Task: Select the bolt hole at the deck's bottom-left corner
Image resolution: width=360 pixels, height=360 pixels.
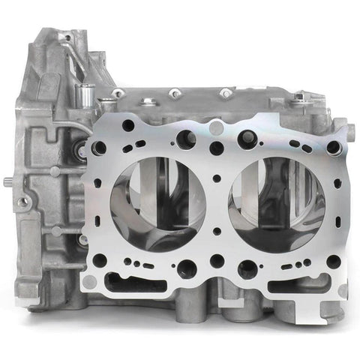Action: [98, 260]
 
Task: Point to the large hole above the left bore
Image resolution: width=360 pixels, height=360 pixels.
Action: [185, 139]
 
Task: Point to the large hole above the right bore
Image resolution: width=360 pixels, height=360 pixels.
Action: [247, 139]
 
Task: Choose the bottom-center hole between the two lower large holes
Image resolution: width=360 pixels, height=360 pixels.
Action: [216, 260]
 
